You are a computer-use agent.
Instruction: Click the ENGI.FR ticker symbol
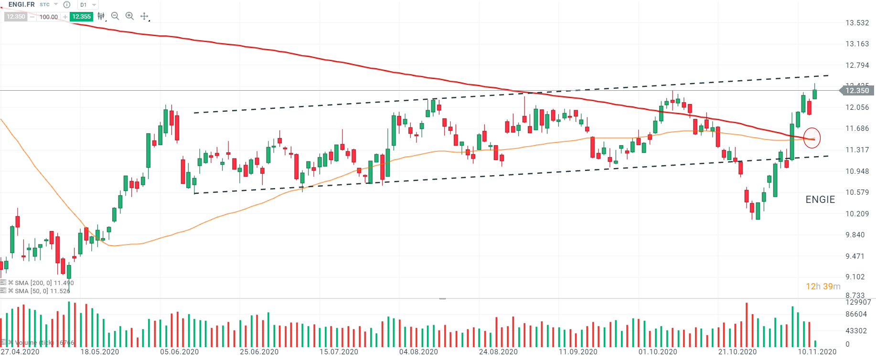(x=21, y=4)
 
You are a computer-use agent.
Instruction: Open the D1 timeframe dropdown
(x=88, y=5)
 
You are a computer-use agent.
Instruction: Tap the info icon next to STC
(x=67, y=5)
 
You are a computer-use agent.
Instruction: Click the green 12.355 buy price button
(x=81, y=17)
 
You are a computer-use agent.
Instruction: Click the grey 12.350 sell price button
(x=16, y=17)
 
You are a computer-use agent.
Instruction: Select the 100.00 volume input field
(x=48, y=17)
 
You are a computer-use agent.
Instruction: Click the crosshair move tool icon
(x=144, y=16)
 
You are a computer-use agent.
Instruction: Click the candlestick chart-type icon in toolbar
(x=101, y=16)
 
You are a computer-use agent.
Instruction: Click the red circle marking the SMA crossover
(x=812, y=138)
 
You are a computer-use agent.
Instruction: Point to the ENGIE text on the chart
(x=820, y=200)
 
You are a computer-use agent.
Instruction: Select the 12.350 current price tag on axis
(x=857, y=91)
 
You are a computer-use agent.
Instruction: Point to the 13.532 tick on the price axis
(x=857, y=23)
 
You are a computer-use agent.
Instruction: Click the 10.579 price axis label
(x=857, y=192)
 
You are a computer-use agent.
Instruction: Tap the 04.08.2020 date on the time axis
(x=418, y=352)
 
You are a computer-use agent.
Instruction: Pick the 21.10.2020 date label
(x=737, y=352)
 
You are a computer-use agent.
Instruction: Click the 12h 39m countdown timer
(x=823, y=286)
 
